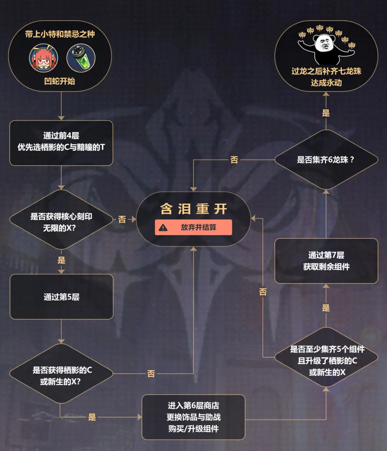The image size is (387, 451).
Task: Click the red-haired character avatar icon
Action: [44, 58]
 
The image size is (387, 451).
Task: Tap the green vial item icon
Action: [81, 58]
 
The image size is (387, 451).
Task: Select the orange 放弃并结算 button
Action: [193, 227]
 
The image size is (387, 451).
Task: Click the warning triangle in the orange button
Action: [163, 228]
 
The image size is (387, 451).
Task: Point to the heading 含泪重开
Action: [194, 209]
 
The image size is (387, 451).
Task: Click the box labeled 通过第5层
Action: [62, 297]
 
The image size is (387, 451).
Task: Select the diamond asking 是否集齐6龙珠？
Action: [326, 160]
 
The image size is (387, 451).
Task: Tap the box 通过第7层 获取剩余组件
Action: [326, 261]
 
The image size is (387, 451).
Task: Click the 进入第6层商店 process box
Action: [193, 417]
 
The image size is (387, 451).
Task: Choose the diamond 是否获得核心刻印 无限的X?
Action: [61, 219]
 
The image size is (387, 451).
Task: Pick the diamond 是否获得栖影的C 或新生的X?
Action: [61, 374]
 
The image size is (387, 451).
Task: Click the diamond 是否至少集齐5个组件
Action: [326, 357]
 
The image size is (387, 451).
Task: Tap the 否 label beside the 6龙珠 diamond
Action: [234, 160]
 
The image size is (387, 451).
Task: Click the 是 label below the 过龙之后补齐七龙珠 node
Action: [326, 113]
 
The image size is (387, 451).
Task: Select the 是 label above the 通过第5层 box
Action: [61, 260]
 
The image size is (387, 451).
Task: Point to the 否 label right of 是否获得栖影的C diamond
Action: [151, 374]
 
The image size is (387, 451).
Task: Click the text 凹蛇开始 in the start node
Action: [59, 81]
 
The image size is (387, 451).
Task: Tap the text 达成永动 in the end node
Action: [326, 83]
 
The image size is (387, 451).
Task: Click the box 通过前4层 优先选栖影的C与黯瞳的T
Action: [61, 143]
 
